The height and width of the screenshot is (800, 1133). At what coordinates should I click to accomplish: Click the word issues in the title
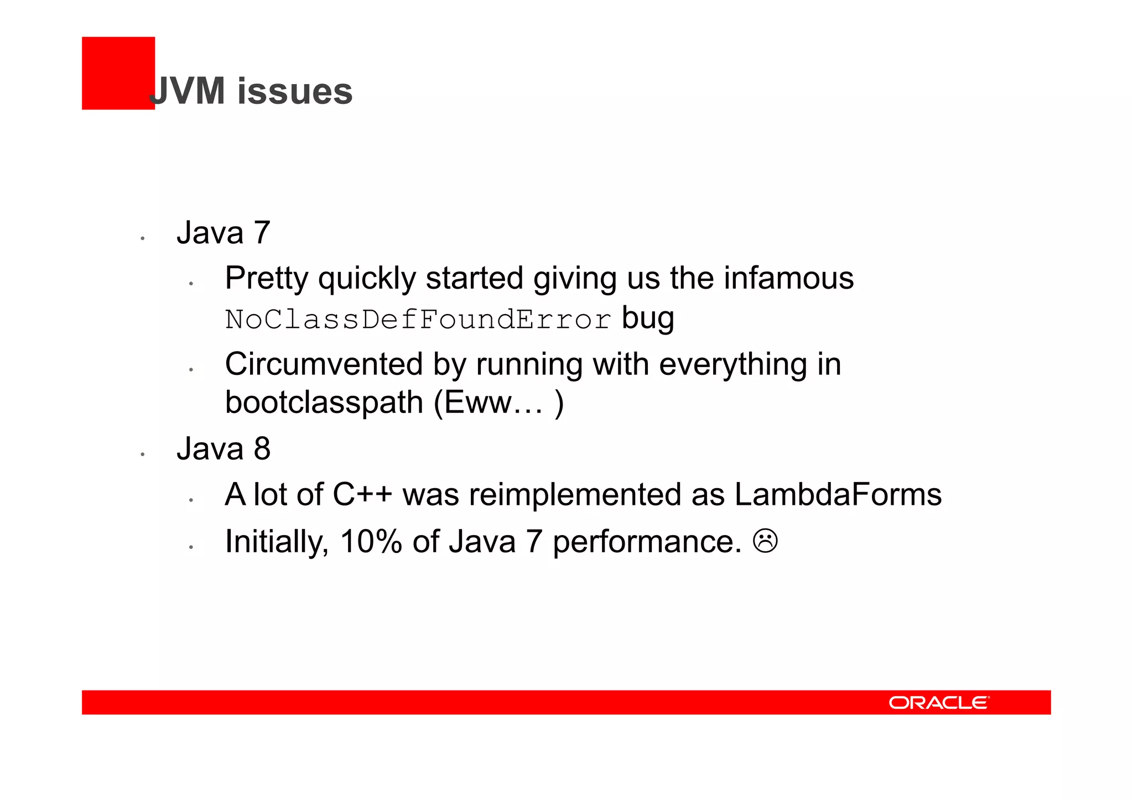(x=295, y=91)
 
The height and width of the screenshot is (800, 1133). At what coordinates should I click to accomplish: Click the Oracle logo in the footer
(x=939, y=703)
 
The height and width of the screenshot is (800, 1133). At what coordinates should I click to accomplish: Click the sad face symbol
(x=765, y=541)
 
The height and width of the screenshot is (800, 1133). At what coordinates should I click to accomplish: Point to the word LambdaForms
(x=838, y=494)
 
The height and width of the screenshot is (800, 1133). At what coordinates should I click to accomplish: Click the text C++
(x=362, y=494)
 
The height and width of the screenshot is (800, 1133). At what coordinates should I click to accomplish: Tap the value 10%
(x=371, y=541)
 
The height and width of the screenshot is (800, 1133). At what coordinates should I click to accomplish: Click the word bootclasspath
(x=324, y=402)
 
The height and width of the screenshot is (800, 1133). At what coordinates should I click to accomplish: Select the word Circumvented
(x=324, y=365)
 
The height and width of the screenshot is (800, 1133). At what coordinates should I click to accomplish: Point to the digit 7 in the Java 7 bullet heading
(x=262, y=233)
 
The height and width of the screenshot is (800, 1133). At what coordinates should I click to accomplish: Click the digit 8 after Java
(x=262, y=448)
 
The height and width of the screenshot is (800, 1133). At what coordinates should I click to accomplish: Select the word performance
(x=647, y=542)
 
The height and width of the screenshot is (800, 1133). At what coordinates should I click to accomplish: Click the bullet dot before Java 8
(x=142, y=454)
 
